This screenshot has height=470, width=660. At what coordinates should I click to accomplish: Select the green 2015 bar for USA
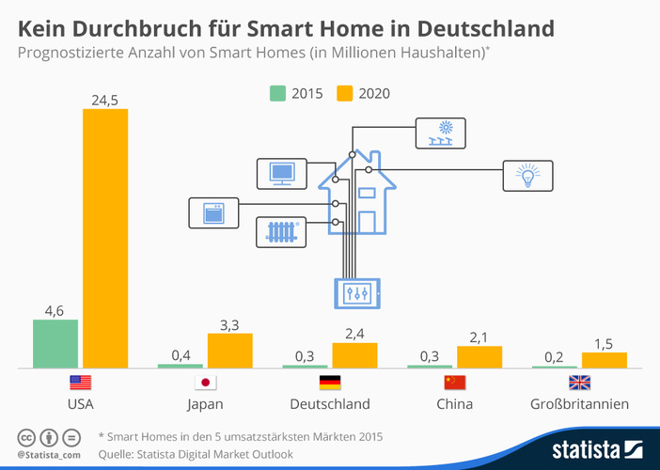55,344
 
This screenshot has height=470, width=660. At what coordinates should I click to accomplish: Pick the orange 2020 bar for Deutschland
354,355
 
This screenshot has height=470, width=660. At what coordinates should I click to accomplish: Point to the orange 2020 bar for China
479,357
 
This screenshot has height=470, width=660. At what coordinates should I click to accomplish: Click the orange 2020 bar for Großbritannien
605,360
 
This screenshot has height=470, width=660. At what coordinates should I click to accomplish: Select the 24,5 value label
105,100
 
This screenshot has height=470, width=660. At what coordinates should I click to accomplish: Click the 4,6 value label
55,310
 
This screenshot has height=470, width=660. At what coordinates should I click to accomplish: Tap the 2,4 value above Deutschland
354,334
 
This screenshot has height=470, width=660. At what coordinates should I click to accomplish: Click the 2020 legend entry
363,93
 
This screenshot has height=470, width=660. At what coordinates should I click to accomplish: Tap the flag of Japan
205,383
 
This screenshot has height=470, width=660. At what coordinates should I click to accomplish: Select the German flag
330,383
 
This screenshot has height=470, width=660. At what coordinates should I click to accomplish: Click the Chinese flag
455,383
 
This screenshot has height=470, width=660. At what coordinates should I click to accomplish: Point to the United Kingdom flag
580,383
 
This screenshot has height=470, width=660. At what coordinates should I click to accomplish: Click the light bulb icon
527,175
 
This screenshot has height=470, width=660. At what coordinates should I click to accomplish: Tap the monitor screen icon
282,174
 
